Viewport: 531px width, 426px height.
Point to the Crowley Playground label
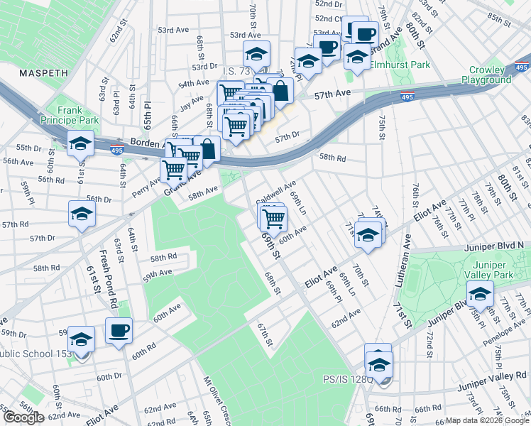pyautogui.click(x=486, y=75)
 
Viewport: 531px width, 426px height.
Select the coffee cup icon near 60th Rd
pyautogui.click(x=119, y=331)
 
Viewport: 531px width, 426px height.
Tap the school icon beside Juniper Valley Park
pyautogui.click(x=481, y=293)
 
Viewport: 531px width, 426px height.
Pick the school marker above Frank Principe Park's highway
pyautogui.click(x=81, y=143)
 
